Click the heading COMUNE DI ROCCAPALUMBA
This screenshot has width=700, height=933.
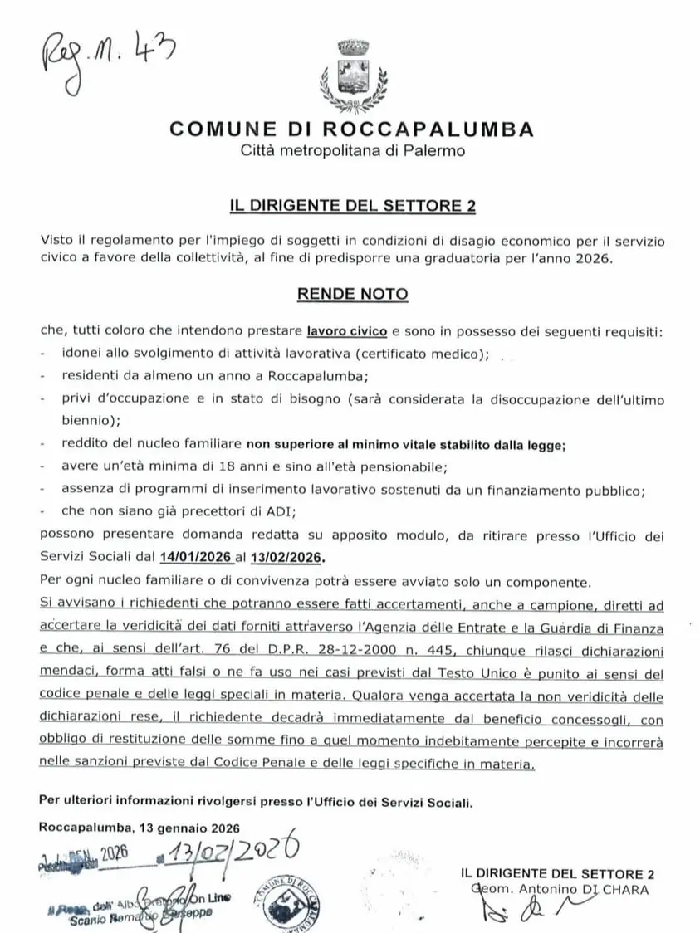click(x=351, y=129)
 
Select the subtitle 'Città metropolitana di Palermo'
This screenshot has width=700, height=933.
click(x=352, y=151)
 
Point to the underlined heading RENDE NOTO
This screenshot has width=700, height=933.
click(x=353, y=294)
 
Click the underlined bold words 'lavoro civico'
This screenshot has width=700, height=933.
click(x=346, y=331)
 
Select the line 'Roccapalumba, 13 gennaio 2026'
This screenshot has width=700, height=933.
click(x=139, y=828)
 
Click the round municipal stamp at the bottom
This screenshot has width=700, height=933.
click(x=291, y=901)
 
